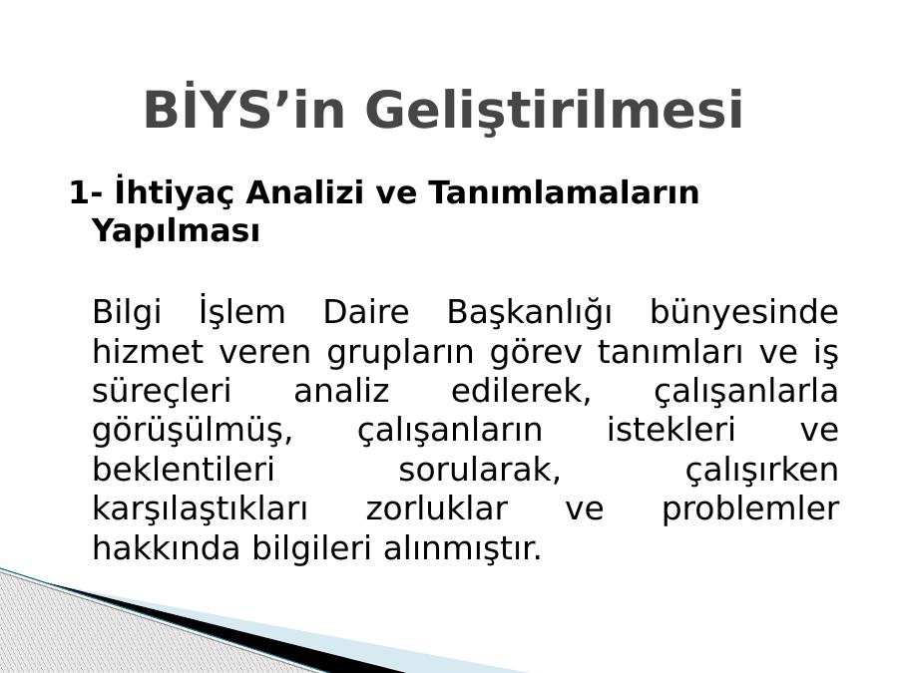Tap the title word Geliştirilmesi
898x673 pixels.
[x=554, y=110]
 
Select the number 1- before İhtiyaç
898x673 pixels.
[x=86, y=192]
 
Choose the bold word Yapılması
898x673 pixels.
[x=177, y=231]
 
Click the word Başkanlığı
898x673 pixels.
[x=529, y=312]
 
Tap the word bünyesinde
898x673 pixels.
[x=744, y=312]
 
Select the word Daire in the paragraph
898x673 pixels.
[x=366, y=312]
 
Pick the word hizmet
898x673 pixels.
[x=148, y=351]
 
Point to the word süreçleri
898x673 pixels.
[x=162, y=392]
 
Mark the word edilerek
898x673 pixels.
[x=521, y=391]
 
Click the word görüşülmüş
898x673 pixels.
[x=193, y=431]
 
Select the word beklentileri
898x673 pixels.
[x=184, y=469]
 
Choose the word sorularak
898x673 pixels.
[x=479, y=470]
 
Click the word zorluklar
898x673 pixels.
[x=436, y=507]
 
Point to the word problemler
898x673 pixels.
[x=750, y=508]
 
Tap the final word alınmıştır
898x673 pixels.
[x=462, y=547]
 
